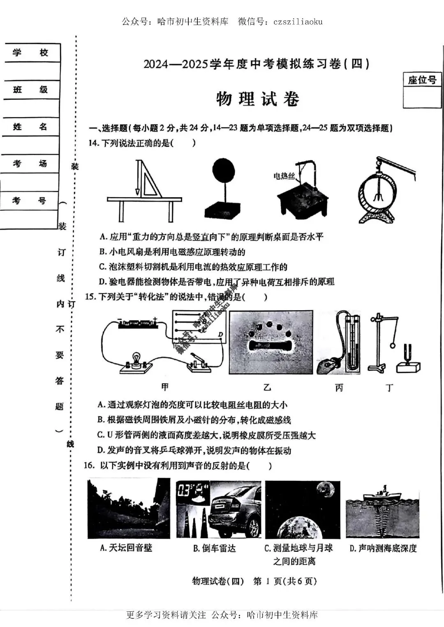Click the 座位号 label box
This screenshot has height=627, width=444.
[422, 80]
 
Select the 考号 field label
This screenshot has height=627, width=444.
[29, 201]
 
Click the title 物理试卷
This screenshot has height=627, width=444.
[257, 99]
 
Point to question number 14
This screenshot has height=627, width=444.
[94, 143]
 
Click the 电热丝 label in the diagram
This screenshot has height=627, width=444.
[284, 176]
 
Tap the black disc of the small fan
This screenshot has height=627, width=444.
[223, 171]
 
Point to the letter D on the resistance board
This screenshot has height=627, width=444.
[220, 334]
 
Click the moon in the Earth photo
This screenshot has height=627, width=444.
[325, 490]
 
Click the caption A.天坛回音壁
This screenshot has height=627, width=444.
[126, 548]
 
